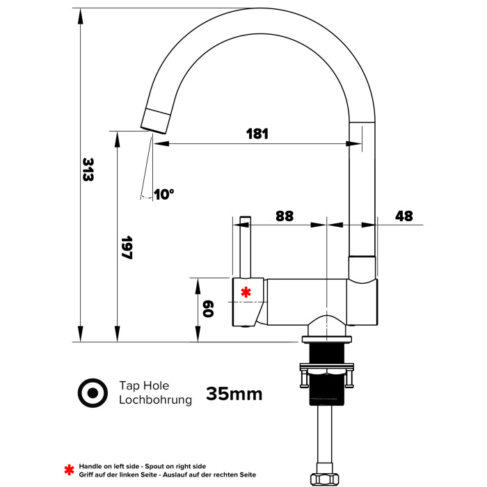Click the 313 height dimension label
(88, 170)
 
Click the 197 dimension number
(127, 248)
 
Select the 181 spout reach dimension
(257, 134)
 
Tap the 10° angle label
(163, 195)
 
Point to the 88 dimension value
(285, 216)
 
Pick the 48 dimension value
(404, 216)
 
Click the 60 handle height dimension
(208, 309)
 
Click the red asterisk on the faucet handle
(246, 292)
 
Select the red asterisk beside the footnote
(69, 470)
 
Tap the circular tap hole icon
(93, 393)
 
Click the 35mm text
(234, 394)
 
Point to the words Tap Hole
(144, 385)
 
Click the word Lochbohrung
(155, 400)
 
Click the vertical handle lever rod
(246, 247)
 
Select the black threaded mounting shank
(327, 374)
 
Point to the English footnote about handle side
(142, 466)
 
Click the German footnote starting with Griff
(168, 474)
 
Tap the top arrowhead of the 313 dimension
(81, 16)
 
